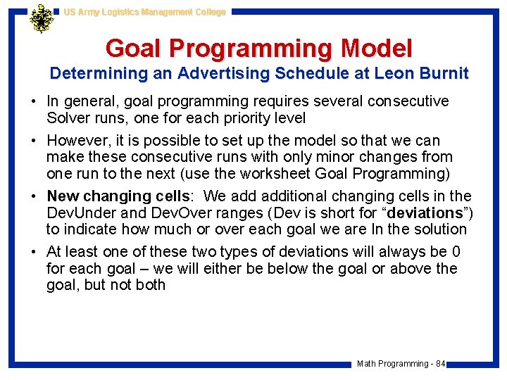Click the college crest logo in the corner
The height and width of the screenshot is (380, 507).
click(42, 19)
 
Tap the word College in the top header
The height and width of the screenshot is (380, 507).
click(208, 12)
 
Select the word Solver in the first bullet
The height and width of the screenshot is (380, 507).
click(68, 117)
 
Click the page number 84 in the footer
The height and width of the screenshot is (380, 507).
click(440, 364)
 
